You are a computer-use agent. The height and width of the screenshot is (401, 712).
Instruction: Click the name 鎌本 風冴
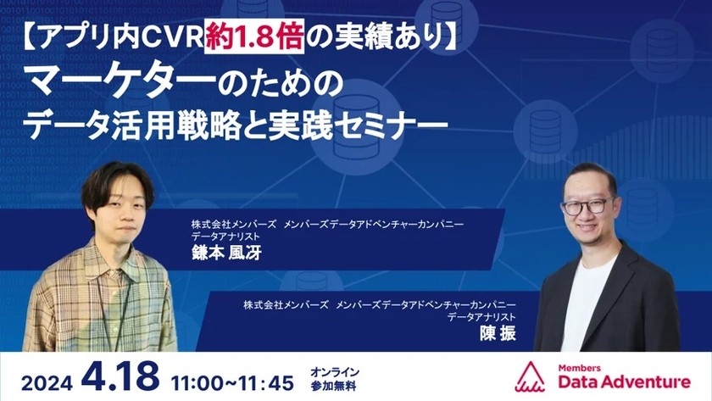pyautogui.click(x=222, y=255)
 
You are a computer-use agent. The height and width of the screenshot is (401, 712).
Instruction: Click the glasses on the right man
pyautogui.click(x=587, y=205)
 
